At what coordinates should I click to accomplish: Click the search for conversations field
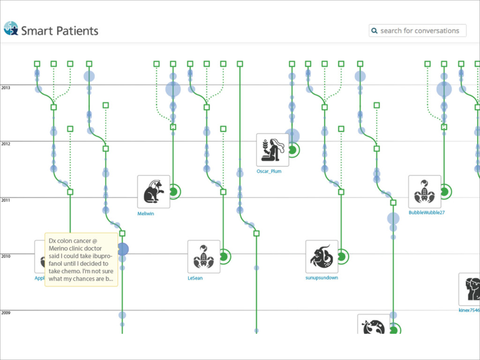(420, 31)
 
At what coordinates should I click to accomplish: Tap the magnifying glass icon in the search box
(374, 31)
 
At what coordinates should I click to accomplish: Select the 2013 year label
(6, 87)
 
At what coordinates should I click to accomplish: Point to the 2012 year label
(6, 143)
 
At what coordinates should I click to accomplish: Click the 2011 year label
(6, 200)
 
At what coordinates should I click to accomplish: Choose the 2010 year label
(6, 256)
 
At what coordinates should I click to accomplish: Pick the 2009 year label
(6, 312)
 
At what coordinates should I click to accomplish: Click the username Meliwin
(146, 213)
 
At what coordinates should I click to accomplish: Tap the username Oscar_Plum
(269, 172)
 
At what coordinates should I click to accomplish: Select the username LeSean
(195, 278)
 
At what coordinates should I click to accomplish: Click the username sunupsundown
(322, 277)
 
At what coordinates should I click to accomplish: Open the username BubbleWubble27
(427, 212)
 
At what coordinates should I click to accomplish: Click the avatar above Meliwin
(154, 192)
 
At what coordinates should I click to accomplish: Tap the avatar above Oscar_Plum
(272, 150)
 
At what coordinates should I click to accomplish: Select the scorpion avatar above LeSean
(204, 256)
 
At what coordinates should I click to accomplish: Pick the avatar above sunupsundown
(322, 256)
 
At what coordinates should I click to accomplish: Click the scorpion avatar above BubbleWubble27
(425, 192)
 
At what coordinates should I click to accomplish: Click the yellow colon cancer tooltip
(81, 259)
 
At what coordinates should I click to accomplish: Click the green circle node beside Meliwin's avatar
(173, 191)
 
